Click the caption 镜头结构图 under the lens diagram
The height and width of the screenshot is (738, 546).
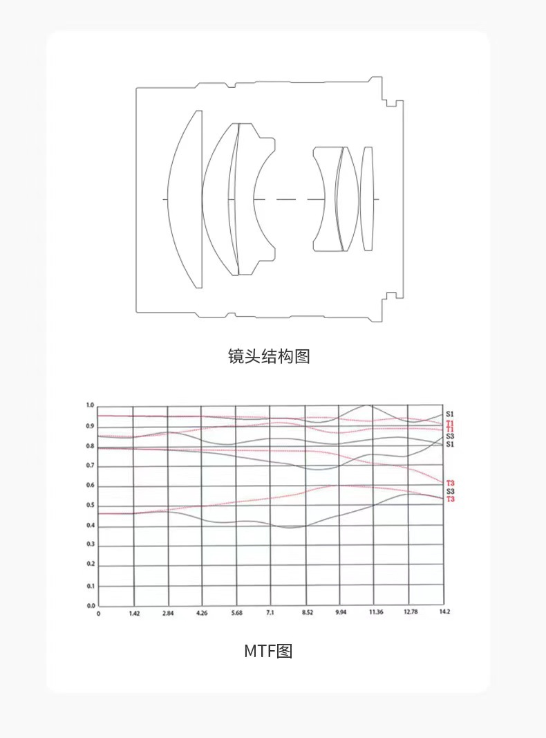(x=269, y=356)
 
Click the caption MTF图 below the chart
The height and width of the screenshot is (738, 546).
(x=268, y=651)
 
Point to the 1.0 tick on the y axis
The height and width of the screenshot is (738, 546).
(x=89, y=405)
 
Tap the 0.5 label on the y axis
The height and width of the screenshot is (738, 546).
(x=89, y=506)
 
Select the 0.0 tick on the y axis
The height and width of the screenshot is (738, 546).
(x=89, y=606)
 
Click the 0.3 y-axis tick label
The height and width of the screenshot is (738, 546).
(x=89, y=544)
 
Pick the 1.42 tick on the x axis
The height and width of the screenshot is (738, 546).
(x=133, y=614)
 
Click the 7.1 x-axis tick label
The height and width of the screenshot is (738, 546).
(x=270, y=614)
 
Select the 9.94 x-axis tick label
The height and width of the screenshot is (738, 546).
(x=341, y=614)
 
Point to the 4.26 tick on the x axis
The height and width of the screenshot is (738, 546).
(x=202, y=614)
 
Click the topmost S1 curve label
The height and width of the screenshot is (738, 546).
(x=450, y=414)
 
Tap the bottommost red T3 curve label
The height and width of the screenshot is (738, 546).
(x=450, y=499)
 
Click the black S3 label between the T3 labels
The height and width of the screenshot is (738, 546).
(x=450, y=490)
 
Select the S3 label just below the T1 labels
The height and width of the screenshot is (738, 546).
(x=450, y=436)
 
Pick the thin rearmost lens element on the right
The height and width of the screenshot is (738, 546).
(x=367, y=199)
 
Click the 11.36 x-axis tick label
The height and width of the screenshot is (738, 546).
(x=375, y=614)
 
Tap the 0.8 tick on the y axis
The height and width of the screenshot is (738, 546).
(x=89, y=446)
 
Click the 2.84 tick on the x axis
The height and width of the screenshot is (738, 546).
(x=167, y=614)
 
